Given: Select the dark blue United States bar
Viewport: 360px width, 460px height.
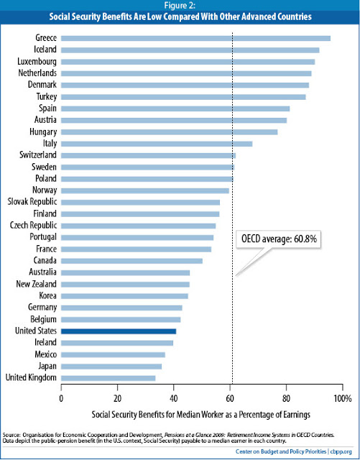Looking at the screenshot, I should (x=119, y=331).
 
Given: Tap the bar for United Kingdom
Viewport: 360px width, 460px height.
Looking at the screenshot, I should (x=108, y=377).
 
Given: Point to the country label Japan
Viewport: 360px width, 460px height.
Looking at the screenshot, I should (x=47, y=366).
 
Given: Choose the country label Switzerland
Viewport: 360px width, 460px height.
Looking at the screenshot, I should (x=38, y=155).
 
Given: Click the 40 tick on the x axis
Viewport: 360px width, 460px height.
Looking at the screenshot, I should (x=174, y=396).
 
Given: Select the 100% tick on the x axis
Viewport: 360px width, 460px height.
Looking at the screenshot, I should (x=341, y=396).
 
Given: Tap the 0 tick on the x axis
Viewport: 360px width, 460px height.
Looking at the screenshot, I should (x=62, y=396).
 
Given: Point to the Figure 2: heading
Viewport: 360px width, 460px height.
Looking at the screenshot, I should (x=180, y=6).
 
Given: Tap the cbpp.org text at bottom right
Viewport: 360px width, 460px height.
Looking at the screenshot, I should (x=340, y=452).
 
